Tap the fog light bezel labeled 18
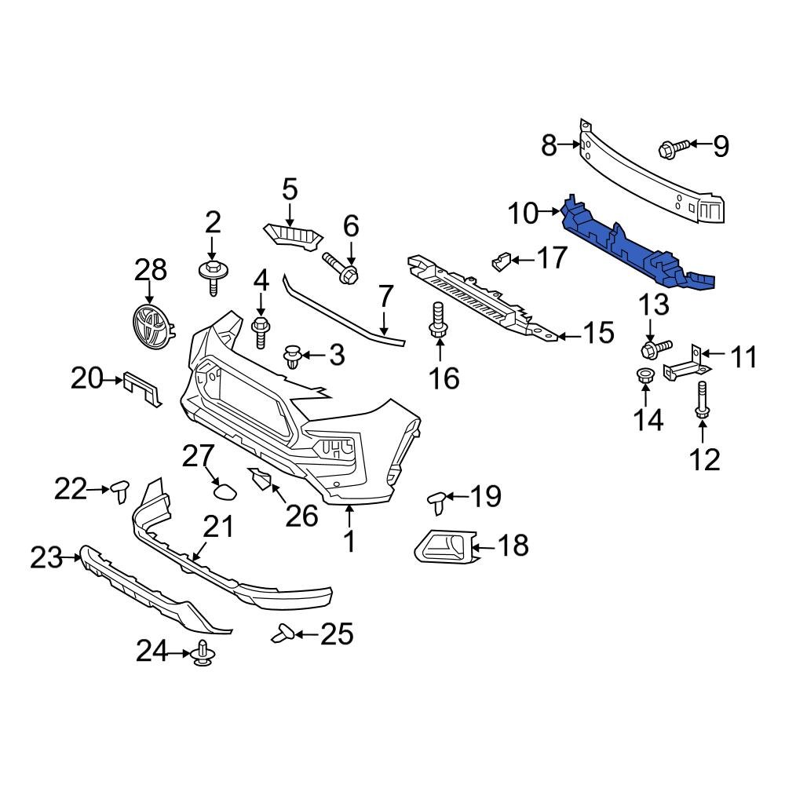click(x=444, y=546)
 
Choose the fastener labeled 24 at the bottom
click(x=204, y=654)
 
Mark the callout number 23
click(x=45, y=558)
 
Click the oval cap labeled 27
click(x=224, y=492)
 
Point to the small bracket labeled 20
click(x=143, y=388)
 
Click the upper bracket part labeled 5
click(x=294, y=234)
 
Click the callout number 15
click(x=597, y=333)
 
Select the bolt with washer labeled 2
click(x=212, y=276)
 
